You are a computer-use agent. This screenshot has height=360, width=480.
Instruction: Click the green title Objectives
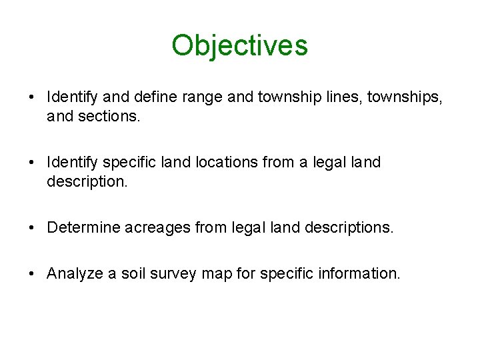pyautogui.click(x=239, y=45)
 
